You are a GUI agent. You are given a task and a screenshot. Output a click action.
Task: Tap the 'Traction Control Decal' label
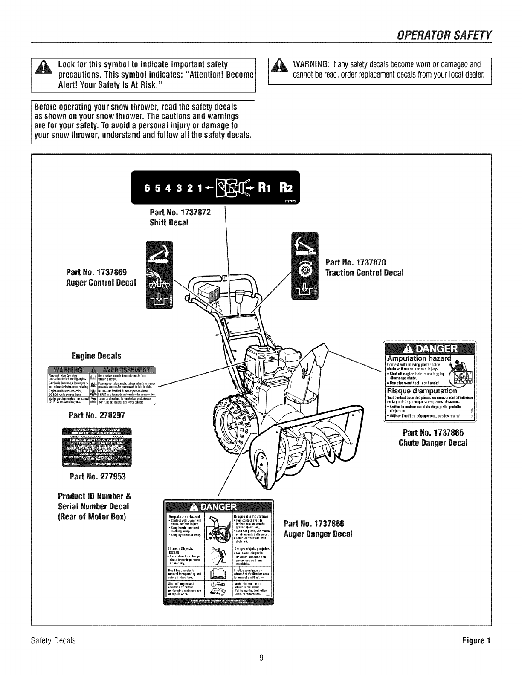(364, 273)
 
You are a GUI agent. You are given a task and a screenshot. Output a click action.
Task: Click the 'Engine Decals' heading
(96, 355)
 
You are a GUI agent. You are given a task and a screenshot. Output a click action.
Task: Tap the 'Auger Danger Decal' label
(318, 534)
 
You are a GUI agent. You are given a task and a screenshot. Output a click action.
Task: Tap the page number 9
(261, 657)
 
